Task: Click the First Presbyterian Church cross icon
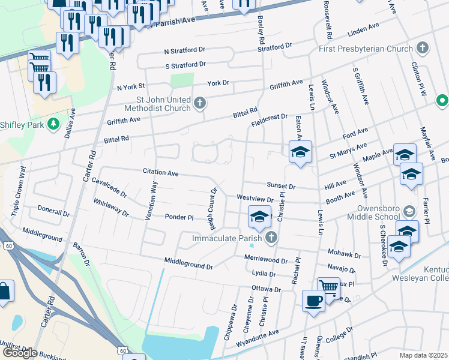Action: tap(423, 47)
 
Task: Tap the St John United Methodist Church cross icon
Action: tap(200, 104)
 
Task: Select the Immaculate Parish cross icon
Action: tap(271, 238)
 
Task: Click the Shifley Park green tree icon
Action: tap(54, 124)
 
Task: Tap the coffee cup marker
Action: tap(313, 300)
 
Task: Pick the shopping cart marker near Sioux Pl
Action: tap(328, 287)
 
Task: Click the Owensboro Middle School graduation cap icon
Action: tap(409, 211)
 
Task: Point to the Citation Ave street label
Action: tap(161, 173)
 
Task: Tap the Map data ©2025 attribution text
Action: tap(423, 355)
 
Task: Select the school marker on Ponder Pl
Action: tap(259, 217)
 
